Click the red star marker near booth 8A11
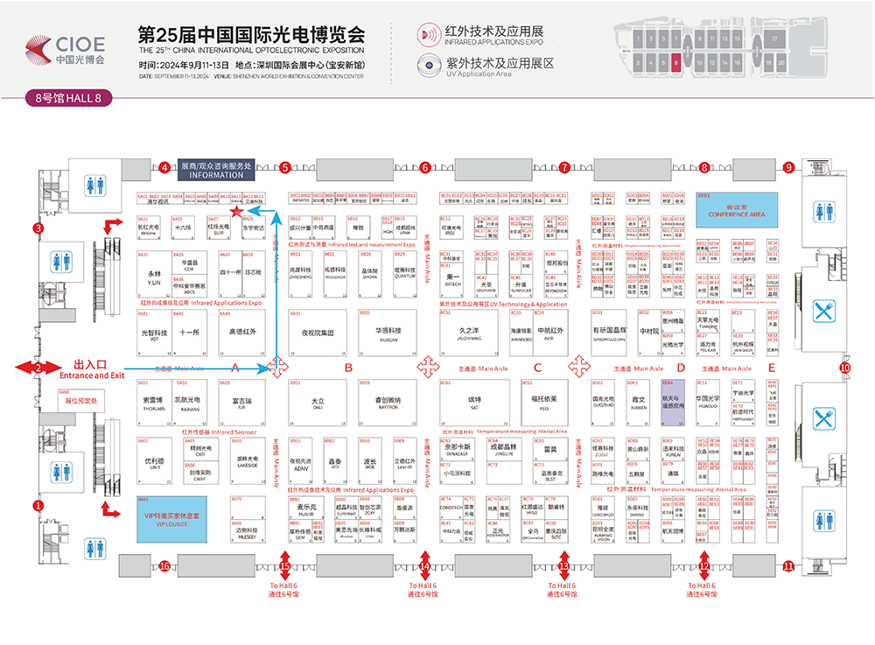coord(235,211)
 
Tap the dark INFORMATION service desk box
coord(215,169)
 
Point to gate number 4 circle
coord(164,167)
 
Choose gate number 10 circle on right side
coord(845,368)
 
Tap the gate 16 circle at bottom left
coord(164,566)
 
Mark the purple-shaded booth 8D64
coord(674,402)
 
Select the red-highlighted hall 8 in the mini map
coord(675,63)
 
